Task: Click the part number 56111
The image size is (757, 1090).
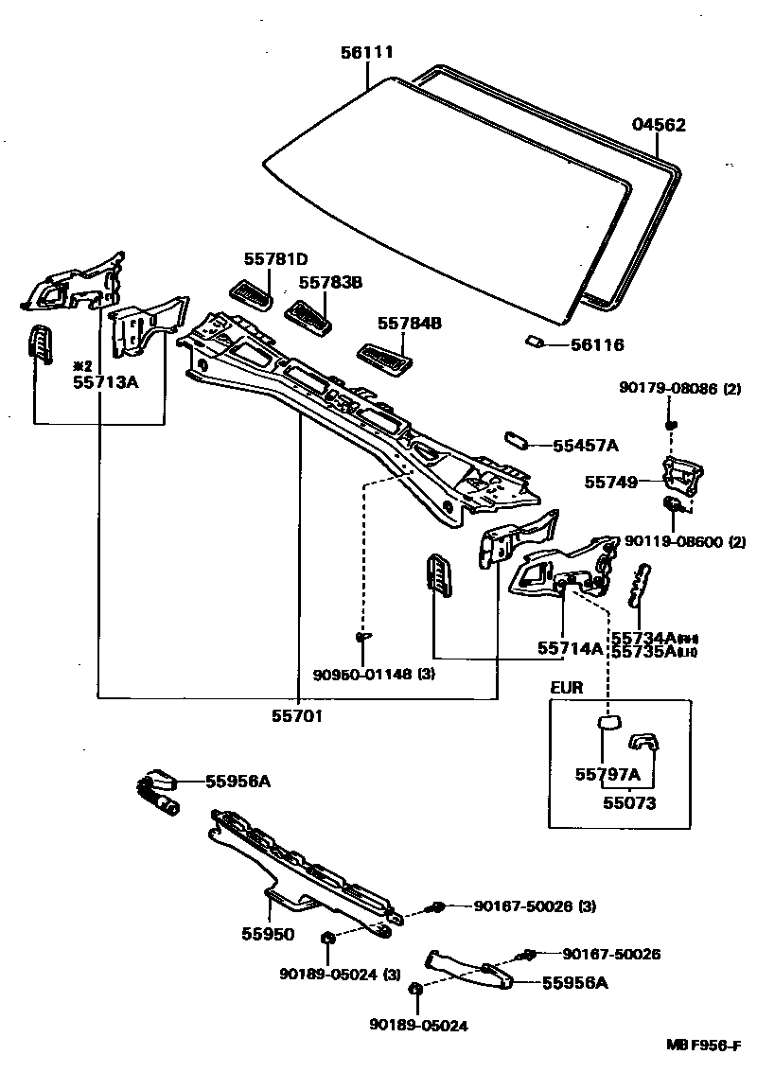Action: (x=367, y=53)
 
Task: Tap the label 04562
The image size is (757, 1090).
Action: (x=659, y=125)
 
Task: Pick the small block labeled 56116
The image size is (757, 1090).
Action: (x=534, y=342)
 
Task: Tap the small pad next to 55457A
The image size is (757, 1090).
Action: (x=519, y=442)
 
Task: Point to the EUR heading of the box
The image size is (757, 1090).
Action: (x=569, y=688)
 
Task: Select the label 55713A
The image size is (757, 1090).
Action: (x=105, y=382)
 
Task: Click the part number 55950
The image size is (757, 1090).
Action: (x=268, y=934)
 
